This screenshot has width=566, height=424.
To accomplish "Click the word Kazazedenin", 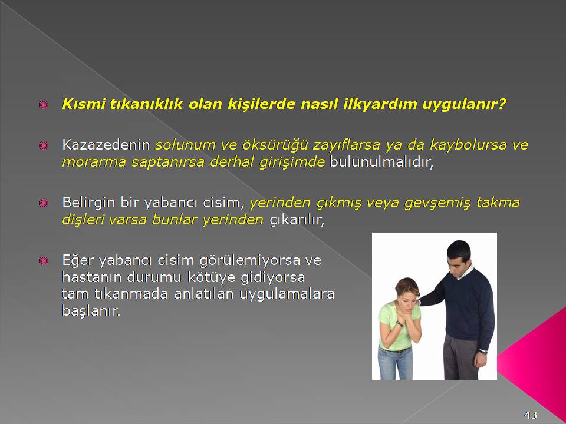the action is tap(106, 145).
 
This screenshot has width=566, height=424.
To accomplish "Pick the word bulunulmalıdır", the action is tap(381, 162).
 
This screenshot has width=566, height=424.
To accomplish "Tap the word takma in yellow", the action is tap(498, 202).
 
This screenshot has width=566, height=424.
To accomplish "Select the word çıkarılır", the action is tap(297, 220).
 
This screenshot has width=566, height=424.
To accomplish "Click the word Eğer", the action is tap(78, 260).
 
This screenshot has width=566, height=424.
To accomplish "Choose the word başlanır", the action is tap(91, 310).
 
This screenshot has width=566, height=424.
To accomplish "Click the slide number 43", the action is tap(531, 415).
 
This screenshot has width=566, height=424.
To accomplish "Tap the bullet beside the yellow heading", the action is tap(43, 105).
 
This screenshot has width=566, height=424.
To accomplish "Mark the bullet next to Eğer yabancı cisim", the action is tap(43, 260).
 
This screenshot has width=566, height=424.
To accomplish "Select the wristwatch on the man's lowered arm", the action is tap(483, 351).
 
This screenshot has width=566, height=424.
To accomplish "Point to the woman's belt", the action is tap(395, 349).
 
